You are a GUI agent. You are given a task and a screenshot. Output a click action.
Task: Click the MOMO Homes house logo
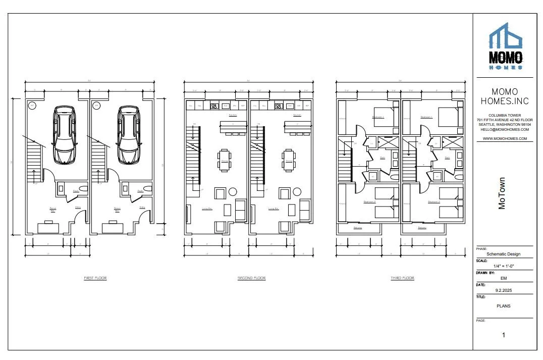[x=505, y=45]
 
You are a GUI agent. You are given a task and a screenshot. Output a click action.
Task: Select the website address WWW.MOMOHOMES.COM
[x=505, y=138]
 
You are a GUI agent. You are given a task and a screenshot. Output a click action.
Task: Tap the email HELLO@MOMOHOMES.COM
[x=505, y=130]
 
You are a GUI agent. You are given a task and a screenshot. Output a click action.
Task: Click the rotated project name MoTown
[x=502, y=193]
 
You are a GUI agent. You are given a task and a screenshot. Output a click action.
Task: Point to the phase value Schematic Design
[x=503, y=254]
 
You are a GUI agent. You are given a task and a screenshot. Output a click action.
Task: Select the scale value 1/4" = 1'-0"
[x=503, y=266]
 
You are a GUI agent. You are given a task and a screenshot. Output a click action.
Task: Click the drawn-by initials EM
[x=503, y=278]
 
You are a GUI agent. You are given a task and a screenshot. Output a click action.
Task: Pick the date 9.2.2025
[x=503, y=290]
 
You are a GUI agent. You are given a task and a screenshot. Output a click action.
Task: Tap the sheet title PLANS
[x=503, y=305]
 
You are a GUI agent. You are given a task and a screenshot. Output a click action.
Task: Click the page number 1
[x=503, y=335]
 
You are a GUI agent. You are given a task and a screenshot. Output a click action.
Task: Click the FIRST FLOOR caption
[x=95, y=278]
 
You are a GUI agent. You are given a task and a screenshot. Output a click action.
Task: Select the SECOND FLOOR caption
[x=251, y=278]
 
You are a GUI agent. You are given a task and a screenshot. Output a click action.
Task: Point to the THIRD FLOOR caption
[x=402, y=278]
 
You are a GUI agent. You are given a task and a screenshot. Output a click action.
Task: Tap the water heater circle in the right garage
[x=96, y=106]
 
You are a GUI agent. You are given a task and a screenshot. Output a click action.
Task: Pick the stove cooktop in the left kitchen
[x=214, y=106]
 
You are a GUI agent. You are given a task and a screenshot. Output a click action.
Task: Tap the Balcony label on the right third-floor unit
[x=422, y=228]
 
